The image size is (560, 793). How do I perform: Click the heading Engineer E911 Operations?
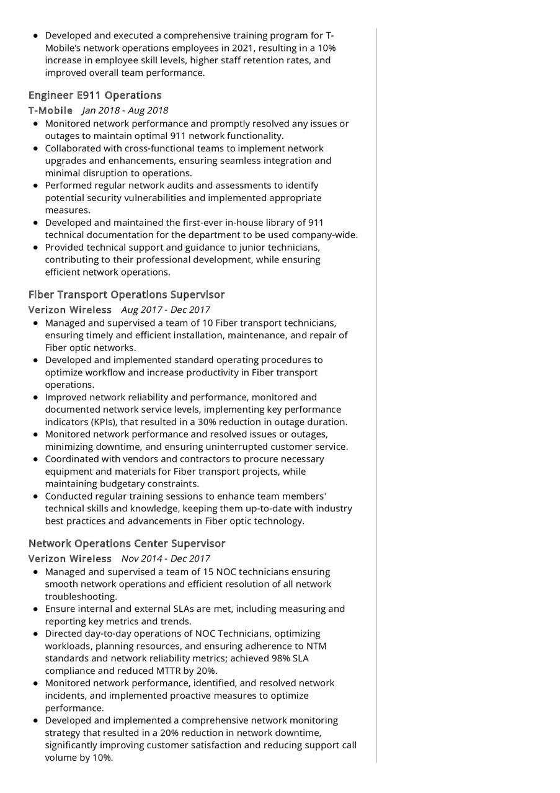point(95,96)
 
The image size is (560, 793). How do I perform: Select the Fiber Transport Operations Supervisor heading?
point(127,295)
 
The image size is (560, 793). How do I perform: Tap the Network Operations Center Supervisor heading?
point(127,544)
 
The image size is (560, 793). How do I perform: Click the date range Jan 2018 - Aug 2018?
point(125,111)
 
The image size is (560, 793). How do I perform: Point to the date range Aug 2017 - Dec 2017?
point(166,310)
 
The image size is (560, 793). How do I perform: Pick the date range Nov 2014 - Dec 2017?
point(166,558)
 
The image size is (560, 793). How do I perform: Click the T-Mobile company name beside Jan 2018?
point(50,111)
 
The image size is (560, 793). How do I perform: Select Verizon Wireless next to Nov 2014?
point(70,558)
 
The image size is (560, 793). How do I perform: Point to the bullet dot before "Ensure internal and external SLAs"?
point(36,609)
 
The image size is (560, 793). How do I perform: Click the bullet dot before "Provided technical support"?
point(36,248)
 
